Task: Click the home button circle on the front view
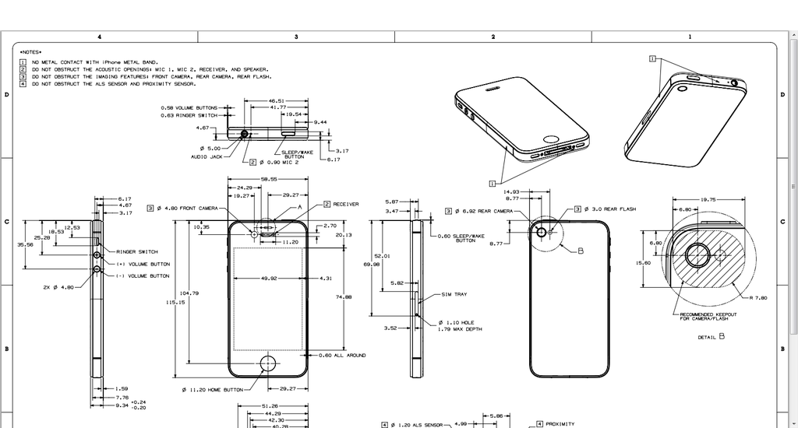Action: (x=269, y=363)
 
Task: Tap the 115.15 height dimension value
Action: (x=175, y=302)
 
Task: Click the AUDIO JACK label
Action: (x=207, y=156)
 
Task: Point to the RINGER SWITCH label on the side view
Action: (x=137, y=252)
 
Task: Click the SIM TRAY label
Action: (x=454, y=295)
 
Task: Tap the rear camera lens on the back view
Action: (x=541, y=231)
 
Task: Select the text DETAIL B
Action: (x=711, y=337)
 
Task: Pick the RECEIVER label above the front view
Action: (x=346, y=204)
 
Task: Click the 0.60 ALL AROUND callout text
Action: (x=342, y=355)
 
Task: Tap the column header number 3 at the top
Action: (x=296, y=37)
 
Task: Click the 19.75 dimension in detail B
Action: (x=708, y=199)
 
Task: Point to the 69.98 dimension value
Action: (x=372, y=265)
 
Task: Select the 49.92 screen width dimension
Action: (x=269, y=278)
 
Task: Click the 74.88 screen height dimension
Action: (x=343, y=296)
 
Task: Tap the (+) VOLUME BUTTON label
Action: (x=143, y=265)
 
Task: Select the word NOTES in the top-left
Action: (x=31, y=52)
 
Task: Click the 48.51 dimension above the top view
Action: (x=277, y=100)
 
